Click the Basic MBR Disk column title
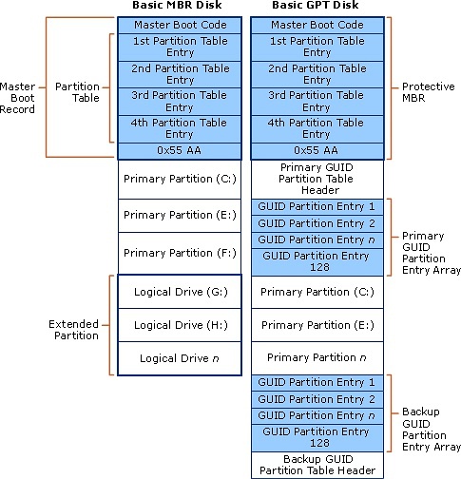[x=178, y=7]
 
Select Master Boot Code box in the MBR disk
[x=178, y=24]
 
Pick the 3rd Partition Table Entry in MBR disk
[x=178, y=102]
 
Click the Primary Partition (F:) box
[x=178, y=254]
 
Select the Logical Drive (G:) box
[x=178, y=292]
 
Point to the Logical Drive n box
[x=178, y=357]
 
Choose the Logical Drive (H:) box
[x=178, y=325]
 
